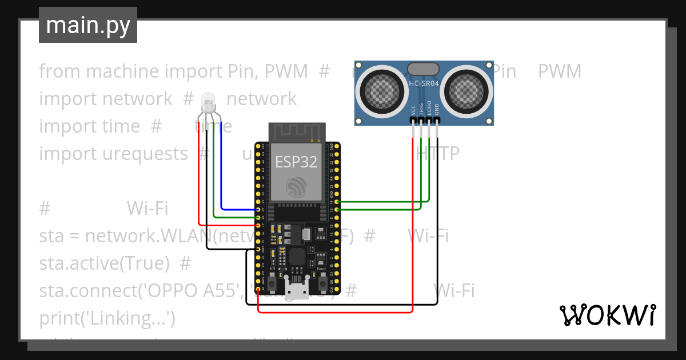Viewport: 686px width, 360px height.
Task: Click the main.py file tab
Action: click(x=87, y=26)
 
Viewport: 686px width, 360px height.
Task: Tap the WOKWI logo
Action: click(x=607, y=315)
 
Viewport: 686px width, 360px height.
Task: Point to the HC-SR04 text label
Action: click(x=424, y=84)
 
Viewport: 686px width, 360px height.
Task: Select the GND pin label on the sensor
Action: click(x=437, y=109)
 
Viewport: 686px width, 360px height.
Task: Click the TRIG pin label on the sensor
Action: click(x=421, y=109)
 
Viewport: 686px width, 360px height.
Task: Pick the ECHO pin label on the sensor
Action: click(x=429, y=109)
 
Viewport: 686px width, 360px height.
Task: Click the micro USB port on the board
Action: click(x=297, y=291)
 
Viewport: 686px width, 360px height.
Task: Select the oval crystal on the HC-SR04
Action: click(x=423, y=69)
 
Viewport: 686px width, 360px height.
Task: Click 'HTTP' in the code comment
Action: click(x=437, y=154)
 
